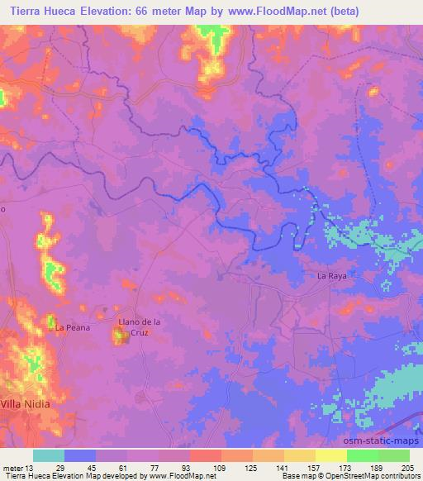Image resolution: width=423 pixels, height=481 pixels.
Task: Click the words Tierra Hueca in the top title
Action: coord(41,11)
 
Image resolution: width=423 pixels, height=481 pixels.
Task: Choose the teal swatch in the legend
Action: coord(49,455)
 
